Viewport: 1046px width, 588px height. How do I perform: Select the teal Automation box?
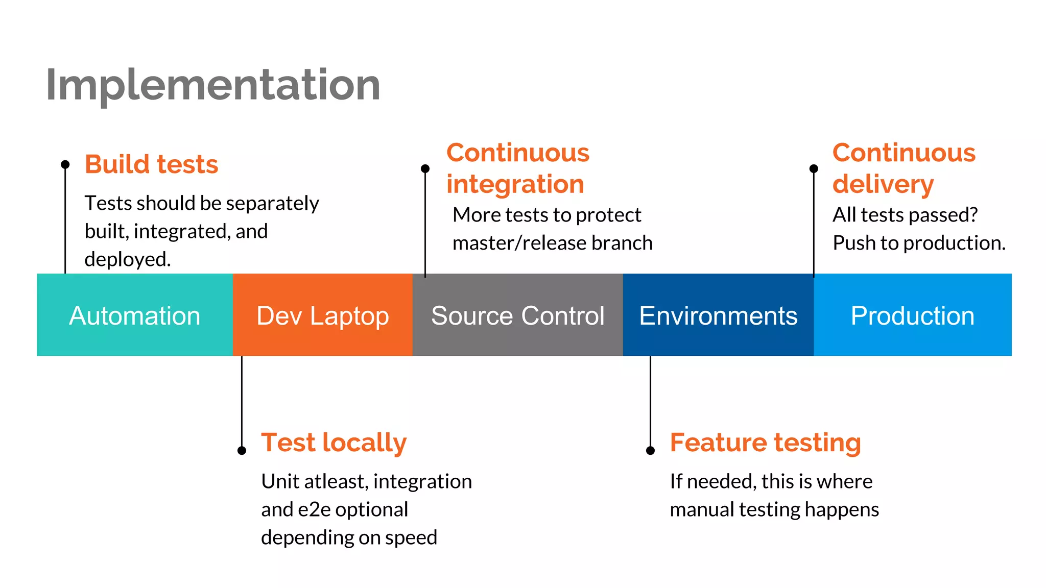coord(135,315)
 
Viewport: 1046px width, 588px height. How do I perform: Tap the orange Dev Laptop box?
coord(322,315)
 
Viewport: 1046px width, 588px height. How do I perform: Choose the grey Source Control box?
coord(517,315)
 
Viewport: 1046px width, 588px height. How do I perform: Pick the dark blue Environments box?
coord(718,315)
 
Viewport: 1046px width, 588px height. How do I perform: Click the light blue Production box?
coord(912,315)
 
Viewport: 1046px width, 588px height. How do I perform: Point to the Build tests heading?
coord(151,164)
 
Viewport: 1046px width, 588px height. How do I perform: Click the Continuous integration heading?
coord(517,168)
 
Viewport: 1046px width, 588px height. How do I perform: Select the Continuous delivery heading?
coord(904,168)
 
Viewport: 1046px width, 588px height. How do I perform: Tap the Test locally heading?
coord(334,442)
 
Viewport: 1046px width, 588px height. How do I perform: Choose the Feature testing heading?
coord(765,442)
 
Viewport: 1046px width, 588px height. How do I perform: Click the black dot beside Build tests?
coord(65,164)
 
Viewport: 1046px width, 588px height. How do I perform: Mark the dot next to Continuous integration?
coord(425,168)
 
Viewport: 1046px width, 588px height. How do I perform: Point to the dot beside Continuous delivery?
coord(814,168)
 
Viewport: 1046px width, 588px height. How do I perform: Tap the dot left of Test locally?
coord(242,450)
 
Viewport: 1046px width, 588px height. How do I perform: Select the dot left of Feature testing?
coord(650,450)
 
